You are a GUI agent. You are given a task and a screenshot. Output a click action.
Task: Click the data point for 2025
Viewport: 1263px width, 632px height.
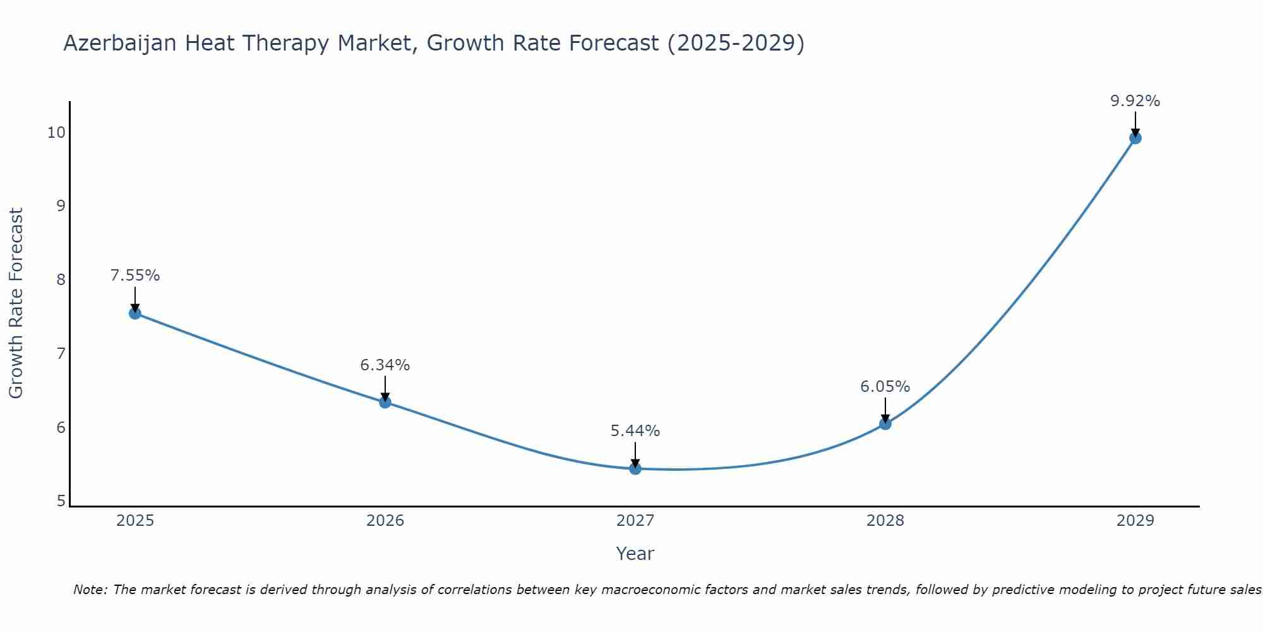[x=135, y=313]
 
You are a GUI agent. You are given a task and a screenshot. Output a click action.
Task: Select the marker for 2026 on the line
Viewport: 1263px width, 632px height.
[x=385, y=402]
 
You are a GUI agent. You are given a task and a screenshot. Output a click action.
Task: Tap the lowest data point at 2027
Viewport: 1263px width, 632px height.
[x=635, y=468]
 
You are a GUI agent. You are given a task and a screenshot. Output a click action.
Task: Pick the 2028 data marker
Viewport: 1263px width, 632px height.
[x=885, y=423]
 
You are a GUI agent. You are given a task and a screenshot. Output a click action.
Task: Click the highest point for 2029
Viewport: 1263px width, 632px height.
[x=1135, y=138]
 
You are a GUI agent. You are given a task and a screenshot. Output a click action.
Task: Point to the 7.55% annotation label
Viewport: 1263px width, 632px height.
[x=135, y=276]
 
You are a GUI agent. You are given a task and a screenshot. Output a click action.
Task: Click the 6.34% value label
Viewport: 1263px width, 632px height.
[x=385, y=365]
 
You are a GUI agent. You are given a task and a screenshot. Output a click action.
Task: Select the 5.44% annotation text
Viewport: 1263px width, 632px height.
[x=635, y=431]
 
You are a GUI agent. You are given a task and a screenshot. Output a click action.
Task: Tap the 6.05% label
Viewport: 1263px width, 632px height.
[x=885, y=386]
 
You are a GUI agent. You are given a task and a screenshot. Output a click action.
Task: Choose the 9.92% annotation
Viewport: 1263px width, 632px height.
[x=1135, y=101]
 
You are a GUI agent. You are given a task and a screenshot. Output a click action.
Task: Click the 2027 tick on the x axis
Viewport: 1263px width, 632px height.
[x=635, y=521]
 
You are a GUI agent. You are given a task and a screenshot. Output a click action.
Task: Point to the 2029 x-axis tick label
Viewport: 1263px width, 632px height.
[x=1135, y=521]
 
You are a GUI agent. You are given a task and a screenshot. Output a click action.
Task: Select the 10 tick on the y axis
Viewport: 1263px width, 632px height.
[x=56, y=132]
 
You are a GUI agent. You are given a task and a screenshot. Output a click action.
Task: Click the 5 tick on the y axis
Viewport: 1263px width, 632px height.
[x=61, y=501]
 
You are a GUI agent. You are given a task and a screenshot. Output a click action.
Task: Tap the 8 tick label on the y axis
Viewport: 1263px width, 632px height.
[x=61, y=279]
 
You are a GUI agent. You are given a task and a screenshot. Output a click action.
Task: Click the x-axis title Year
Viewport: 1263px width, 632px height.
[x=635, y=554]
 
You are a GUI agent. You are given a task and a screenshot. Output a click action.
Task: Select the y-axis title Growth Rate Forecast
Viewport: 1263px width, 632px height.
[x=16, y=303]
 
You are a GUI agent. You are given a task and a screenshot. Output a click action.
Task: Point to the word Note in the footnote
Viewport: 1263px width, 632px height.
[x=91, y=590]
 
